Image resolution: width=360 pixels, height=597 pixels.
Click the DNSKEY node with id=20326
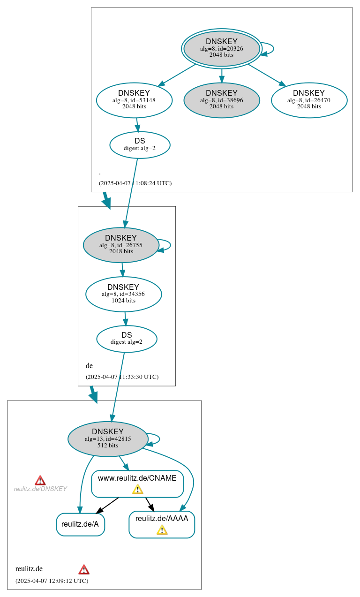point(222,48)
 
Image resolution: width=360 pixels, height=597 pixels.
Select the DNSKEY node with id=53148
point(134,100)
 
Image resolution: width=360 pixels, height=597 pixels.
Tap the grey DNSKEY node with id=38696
point(222,100)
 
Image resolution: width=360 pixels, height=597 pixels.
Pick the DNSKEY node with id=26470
point(309,100)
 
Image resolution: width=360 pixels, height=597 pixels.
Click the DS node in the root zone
point(140,144)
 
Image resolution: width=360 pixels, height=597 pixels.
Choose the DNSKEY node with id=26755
point(121,245)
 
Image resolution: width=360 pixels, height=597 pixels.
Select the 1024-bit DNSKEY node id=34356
point(123,294)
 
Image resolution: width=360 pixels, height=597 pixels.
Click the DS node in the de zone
point(127,339)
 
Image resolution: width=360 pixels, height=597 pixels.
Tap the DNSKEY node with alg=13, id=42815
point(108,439)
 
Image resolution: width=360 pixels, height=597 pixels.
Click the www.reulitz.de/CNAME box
point(137,478)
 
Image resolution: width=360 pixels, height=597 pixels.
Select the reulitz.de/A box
point(80,524)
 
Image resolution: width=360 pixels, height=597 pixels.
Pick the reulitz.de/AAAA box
point(162,519)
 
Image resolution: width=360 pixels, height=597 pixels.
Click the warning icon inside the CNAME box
point(137,490)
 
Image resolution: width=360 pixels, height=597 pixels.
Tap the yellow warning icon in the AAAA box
point(162,530)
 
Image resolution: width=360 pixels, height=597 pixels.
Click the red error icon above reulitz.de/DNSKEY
point(40,480)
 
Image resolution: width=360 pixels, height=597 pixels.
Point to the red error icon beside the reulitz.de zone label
point(84,569)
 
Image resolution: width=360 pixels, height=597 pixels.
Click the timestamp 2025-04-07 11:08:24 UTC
point(135,183)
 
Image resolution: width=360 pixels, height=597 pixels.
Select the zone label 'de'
point(89,366)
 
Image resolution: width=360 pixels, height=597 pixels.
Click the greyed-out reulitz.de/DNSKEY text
point(40,489)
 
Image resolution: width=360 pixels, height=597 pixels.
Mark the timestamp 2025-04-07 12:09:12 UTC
point(52,581)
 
